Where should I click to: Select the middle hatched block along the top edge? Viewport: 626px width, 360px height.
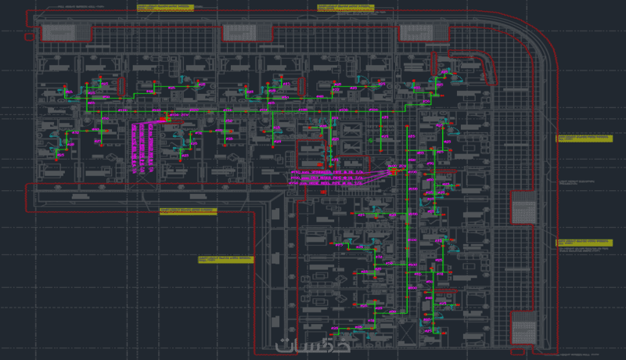click(x=247, y=32)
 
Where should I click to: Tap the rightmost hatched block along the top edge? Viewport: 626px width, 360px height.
click(x=425, y=32)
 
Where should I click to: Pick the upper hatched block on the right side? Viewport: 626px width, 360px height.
click(x=522, y=210)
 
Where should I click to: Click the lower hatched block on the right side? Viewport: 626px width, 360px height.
click(x=522, y=327)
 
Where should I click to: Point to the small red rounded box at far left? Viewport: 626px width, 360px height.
click(x=29, y=35)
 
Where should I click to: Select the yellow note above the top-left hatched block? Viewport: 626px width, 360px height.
click(x=164, y=8)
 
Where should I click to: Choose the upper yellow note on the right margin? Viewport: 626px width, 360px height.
click(x=583, y=138)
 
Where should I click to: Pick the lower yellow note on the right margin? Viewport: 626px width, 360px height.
click(x=583, y=243)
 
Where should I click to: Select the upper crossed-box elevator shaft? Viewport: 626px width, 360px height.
click(x=352, y=128)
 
